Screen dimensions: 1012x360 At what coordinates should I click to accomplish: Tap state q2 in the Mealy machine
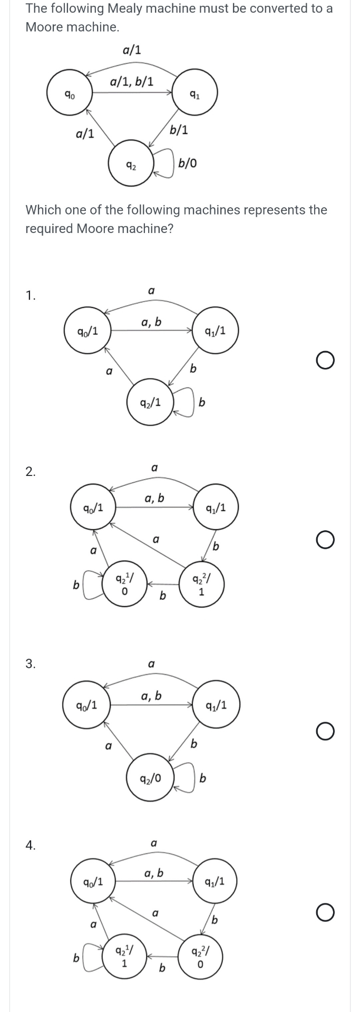click(131, 166)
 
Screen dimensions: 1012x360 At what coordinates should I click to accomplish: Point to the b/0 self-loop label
click(188, 163)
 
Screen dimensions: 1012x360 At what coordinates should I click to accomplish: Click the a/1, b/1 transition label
click(132, 82)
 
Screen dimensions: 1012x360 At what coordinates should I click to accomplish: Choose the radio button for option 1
click(325, 361)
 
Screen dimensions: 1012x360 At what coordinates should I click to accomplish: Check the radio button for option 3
click(325, 732)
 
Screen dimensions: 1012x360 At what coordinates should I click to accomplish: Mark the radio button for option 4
click(325, 912)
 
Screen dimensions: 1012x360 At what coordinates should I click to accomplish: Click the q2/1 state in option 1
click(150, 403)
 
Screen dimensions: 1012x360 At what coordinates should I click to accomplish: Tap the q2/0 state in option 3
click(150, 778)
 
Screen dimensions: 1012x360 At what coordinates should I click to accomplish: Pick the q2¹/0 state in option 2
click(123, 584)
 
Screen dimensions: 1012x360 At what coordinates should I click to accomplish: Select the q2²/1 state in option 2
click(202, 585)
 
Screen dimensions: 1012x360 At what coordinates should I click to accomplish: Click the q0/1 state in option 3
click(86, 705)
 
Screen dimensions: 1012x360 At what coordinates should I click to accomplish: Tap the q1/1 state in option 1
click(216, 331)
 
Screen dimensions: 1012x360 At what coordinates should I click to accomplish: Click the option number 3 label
click(31, 664)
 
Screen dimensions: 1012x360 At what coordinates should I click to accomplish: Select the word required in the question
click(50, 229)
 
